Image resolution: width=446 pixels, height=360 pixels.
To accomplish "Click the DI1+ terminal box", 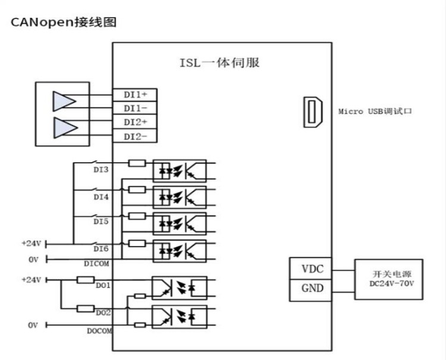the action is [x=135, y=94].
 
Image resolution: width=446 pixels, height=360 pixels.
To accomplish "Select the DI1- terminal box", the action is [x=135, y=108].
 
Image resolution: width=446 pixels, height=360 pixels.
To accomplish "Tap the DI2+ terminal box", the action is [x=135, y=122].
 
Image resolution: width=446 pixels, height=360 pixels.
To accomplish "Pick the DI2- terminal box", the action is [x=135, y=136].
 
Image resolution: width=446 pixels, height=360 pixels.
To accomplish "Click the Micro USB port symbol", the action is [x=313, y=112].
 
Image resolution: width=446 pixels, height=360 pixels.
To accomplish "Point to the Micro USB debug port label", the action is [x=375, y=111].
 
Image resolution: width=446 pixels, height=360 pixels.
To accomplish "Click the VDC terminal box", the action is [x=310, y=269].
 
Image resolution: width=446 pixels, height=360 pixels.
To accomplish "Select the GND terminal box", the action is [x=310, y=290].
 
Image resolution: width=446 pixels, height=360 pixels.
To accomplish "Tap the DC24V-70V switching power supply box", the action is [x=388, y=279].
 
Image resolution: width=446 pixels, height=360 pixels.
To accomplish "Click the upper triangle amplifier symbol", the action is [x=64, y=101].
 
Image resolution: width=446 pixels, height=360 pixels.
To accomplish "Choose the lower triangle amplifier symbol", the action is [x=65, y=128].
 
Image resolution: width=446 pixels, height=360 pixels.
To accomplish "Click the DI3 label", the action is [x=101, y=170].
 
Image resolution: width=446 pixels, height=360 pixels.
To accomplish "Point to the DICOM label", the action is [x=96, y=264].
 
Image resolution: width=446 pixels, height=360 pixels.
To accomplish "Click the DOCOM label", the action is [x=99, y=331].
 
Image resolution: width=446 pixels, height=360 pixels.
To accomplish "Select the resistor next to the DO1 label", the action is [x=86, y=280].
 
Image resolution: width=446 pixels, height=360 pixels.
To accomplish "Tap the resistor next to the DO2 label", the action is [x=86, y=308].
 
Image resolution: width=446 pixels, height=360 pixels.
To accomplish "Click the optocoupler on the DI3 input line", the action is [x=180, y=170].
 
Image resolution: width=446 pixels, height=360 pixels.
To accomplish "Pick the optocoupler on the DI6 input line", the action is [x=180, y=251].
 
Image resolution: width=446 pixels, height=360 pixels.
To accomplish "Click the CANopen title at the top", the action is [x=64, y=22].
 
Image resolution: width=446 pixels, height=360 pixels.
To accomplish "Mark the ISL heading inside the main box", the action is [x=219, y=63].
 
